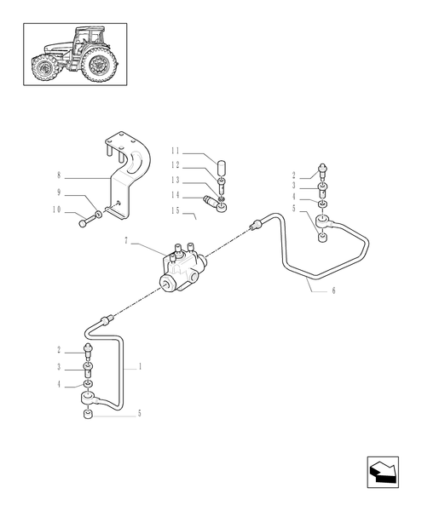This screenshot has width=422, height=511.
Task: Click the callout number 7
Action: point(126,241)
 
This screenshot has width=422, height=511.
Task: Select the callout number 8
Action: point(58,177)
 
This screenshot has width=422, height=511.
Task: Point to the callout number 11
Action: point(174,153)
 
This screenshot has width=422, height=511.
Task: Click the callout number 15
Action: point(174,210)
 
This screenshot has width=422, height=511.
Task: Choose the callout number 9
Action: point(58,192)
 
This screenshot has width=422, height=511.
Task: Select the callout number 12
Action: point(174,164)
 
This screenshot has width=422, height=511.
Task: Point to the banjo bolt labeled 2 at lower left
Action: point(88,351)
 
